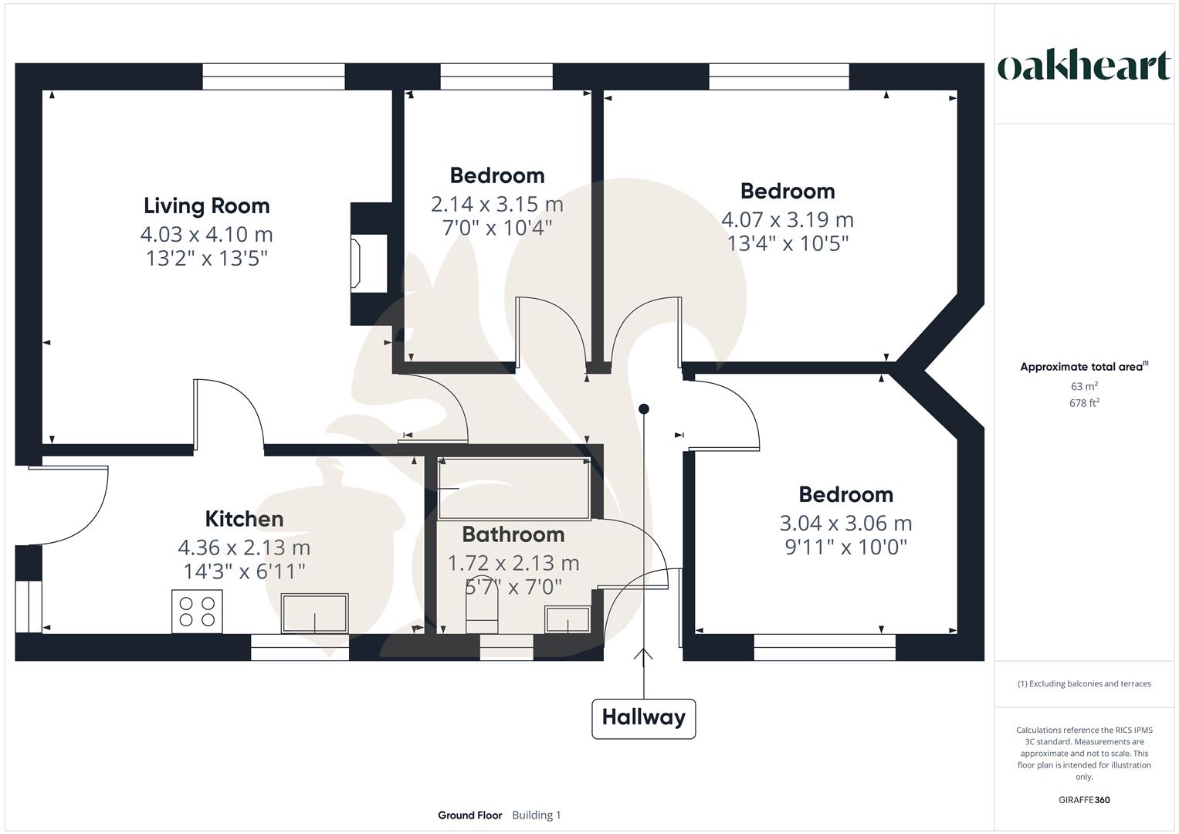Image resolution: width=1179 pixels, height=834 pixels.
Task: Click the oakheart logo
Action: coord(1083,66)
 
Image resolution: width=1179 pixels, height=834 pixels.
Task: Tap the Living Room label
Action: coord(207,205)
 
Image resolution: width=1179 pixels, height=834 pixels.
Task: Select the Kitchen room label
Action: coord(244,519)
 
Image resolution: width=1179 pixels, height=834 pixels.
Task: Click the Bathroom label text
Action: coord(513,534)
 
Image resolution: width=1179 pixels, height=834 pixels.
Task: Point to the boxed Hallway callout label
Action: coord(643,718)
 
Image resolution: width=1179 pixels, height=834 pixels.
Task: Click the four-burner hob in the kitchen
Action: coord(197,612)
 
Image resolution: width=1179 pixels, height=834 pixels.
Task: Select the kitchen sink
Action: coord(314,613)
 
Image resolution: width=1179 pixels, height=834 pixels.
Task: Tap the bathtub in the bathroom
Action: coord(514,489)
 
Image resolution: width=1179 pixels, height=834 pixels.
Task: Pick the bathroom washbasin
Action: coord(567,620)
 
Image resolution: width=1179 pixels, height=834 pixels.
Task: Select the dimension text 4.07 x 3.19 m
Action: coord(787,220)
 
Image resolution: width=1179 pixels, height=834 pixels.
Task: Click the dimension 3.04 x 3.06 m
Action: coord(845,524)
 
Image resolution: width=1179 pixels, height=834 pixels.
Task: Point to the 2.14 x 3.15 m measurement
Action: coord(496,205)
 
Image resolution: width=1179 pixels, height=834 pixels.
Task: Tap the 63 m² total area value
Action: coord(1084,386)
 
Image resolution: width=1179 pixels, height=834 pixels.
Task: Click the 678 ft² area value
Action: coord(1084,403)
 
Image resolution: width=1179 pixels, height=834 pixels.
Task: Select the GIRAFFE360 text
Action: coord(1084,800)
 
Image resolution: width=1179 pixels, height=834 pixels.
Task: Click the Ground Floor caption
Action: coord(469,815)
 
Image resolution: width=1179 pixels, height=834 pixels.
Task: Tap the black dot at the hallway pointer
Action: coord(643,409)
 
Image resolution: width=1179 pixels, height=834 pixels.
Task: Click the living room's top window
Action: coord(273,71)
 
